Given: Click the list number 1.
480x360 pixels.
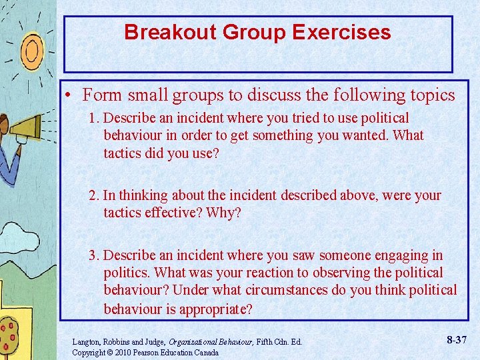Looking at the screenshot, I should (93, 118).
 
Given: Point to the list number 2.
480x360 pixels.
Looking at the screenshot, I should (93, 195).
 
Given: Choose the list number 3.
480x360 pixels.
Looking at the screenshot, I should (94, 255).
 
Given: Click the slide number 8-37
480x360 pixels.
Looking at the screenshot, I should (457, 340).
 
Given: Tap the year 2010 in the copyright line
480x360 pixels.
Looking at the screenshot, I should (122, 352).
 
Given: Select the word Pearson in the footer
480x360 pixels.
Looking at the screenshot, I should (149, 352).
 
